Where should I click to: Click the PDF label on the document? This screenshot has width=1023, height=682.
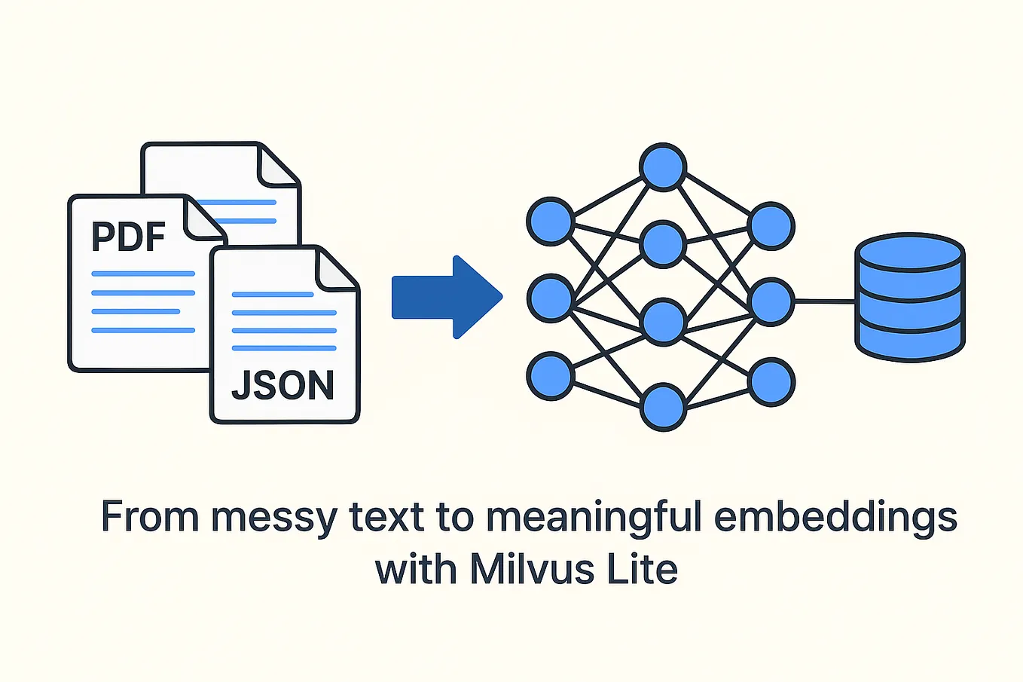[x=128, y=236]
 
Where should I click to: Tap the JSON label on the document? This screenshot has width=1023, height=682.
[x=282, y=385]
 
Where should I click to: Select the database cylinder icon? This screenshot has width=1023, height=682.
[x=910, y=298]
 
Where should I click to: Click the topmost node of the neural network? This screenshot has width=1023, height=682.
[x=663, y=167]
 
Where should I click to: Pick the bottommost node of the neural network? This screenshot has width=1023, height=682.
[x=663, y=407]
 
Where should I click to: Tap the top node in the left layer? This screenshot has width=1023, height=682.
[x=551, y=222]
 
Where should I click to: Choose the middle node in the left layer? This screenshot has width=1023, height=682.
[x=551, y=298]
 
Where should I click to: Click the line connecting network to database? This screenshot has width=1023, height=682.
[x=824, y=301]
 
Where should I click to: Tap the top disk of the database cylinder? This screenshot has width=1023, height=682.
[x=910, y=251]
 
